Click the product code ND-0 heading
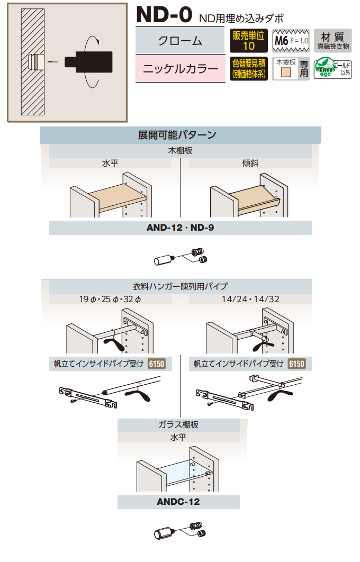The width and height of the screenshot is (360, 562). tap(164, 15)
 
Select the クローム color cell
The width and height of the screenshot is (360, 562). tap(180, 41)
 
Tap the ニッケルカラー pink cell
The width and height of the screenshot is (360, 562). tap(181, 69)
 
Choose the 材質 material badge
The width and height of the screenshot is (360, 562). tap(332, 41)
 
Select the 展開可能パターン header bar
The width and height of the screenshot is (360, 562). tap(180, 135)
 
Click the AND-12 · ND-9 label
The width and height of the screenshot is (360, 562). tap(180, 228)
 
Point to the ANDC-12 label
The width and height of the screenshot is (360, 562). tap(178, 502)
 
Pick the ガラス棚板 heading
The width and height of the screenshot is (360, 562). tap(178, 424)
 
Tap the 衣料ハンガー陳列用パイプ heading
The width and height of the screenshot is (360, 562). tap(180, 286)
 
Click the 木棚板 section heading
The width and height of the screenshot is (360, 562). tap(180, 151)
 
